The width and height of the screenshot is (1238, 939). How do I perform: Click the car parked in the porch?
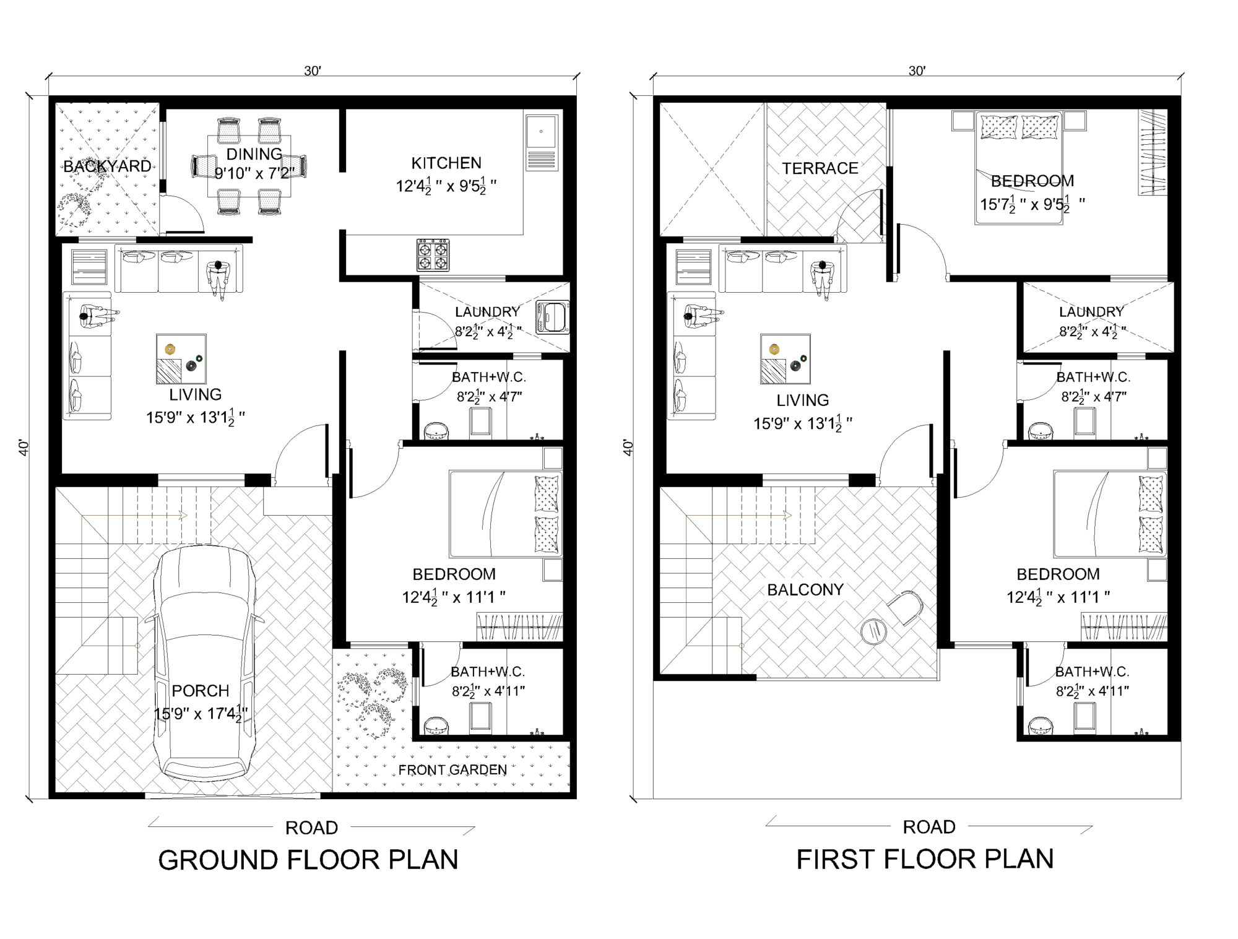click(204, 662)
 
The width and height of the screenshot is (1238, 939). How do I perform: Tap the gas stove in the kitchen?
click(433, 255)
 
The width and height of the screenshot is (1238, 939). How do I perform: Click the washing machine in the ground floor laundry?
click(552, 318)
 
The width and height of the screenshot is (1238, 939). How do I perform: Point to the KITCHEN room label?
click(446, 163)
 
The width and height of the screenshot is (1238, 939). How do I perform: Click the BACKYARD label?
click(107, 166)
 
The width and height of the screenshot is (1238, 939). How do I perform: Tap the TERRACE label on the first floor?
click(820, 168)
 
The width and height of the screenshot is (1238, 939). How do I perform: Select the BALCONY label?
click(805, 590)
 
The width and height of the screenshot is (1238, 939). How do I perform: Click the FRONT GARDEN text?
click(452, 770)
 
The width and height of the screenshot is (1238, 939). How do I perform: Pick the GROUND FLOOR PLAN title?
click(308, 860)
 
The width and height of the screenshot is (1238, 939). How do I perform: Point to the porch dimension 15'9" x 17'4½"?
click(201, 714)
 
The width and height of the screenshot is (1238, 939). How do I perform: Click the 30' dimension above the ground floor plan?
click(312, 71)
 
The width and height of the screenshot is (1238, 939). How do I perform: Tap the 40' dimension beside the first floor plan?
click(628, 448)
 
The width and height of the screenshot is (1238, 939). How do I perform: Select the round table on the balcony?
click(873, 631)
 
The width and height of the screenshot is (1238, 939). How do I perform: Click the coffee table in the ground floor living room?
click(181, 360)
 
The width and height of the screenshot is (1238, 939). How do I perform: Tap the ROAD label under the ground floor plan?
click(311, 828)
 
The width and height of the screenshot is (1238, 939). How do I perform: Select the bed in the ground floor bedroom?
click(504, 514)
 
